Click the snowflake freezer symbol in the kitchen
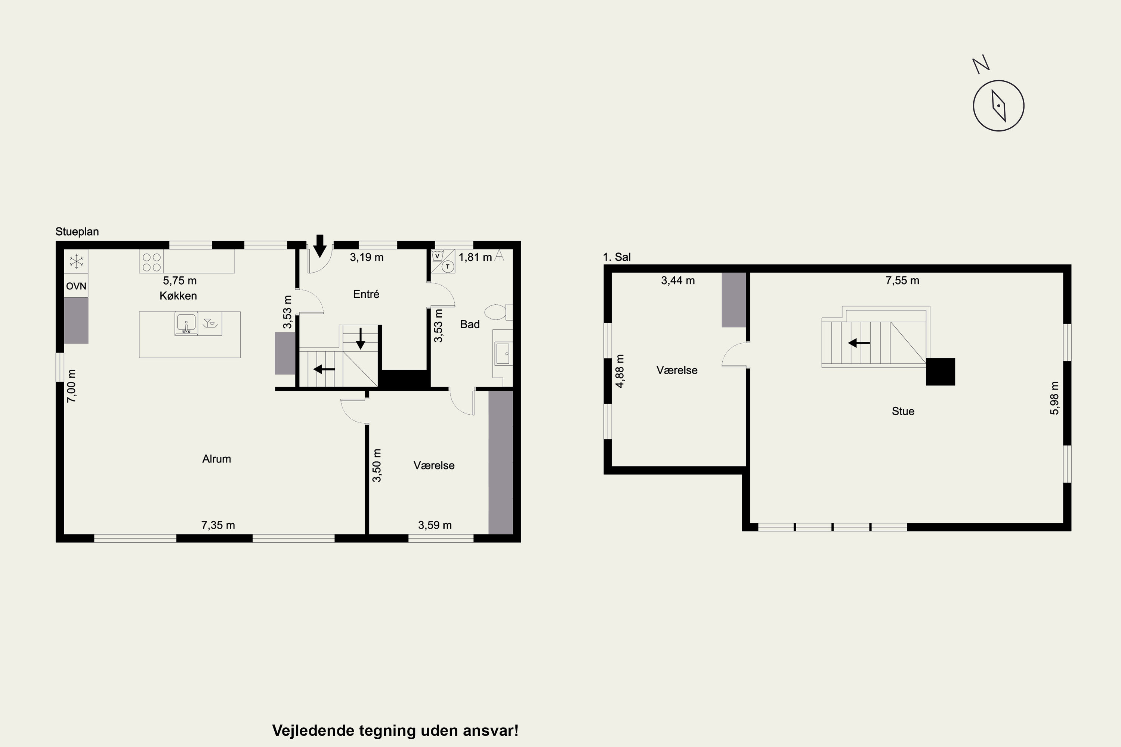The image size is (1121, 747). pos(76,261)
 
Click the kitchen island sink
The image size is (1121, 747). pos(186,324)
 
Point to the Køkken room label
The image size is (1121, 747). pos(178,296)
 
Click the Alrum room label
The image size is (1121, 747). pos(216,459)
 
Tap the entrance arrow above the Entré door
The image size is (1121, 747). pos(320,246)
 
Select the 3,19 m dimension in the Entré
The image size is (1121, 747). pos(367,257)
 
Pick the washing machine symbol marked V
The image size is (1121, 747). pos(437,256)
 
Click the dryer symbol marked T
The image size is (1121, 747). pos(448,267)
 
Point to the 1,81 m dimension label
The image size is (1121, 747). pos(475,257)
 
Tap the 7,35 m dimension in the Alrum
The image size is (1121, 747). pos(218,525)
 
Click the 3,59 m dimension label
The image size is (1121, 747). pos(435,525)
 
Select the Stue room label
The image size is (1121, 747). pos(903,411)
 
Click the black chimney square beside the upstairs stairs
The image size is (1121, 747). pos(941,372)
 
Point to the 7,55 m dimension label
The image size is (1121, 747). pos(902,280)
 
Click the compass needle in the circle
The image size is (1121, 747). pos(998,106)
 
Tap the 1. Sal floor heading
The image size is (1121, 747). pos(617,257)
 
